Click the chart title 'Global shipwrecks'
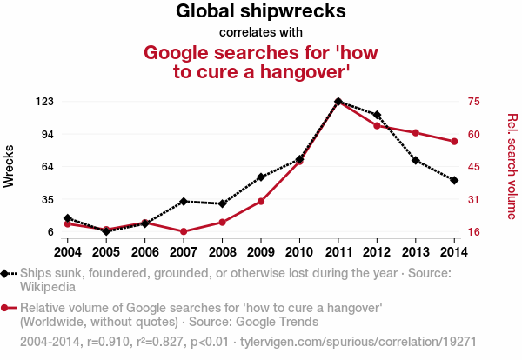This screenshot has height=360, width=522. coord(261,11)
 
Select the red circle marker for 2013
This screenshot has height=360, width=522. coord(415,132)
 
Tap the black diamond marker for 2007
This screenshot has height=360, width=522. coord(184,201)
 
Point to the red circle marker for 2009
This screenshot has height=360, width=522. coord(261,201)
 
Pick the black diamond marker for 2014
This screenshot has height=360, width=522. coord(454,180)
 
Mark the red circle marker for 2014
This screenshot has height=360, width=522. coord(454,142)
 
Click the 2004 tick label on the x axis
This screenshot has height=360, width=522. coord(67,252)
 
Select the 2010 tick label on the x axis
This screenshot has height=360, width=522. coord(299,252)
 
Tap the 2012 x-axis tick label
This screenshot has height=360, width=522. coord(377,252)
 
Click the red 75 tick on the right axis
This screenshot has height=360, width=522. coord(473,102)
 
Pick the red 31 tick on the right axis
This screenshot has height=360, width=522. coord(473,200)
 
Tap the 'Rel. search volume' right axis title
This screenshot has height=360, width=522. coord(512,166)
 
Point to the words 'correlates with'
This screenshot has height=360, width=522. coord(261,32)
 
